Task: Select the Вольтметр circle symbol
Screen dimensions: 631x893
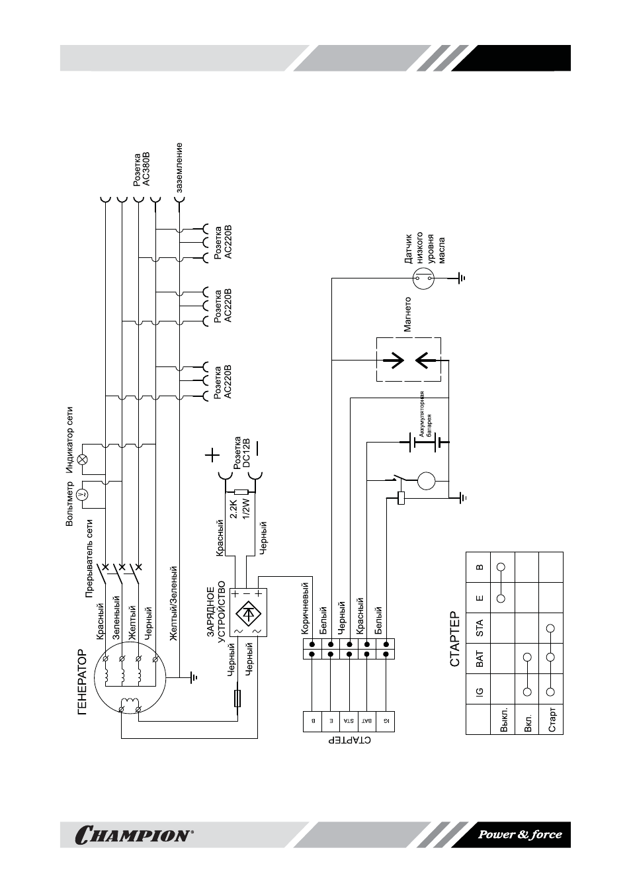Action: point(83,495)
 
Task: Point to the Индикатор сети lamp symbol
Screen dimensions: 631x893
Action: point(83,459)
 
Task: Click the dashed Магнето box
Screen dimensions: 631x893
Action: point(409,359)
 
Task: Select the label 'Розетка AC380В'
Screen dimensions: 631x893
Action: point(142,169)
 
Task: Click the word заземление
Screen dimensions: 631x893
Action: point(179,167)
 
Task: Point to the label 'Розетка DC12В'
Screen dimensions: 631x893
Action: point(241,452)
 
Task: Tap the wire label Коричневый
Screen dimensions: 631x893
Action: point(305,609)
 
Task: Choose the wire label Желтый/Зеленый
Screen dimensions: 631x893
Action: point(173,604)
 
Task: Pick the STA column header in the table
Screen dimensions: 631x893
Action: point(480,628)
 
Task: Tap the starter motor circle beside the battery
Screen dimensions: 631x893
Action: point(426,480)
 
